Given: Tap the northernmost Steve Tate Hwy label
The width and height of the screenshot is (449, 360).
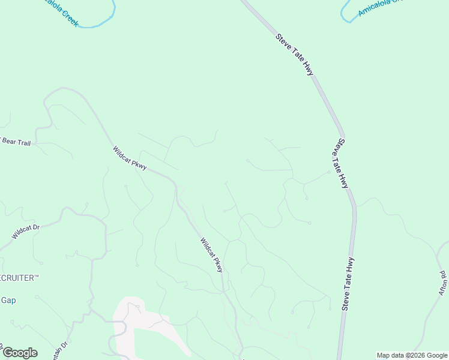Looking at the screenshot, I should [295, 55].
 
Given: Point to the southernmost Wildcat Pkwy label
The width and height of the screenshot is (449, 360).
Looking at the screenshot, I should [211, 255].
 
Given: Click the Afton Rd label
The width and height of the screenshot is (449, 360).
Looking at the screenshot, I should [443, 283].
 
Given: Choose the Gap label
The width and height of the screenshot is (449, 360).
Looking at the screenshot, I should [8, 300].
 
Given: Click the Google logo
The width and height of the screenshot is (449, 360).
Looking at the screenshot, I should [20, 353].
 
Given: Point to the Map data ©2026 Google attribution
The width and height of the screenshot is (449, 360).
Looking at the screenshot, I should [412, 355].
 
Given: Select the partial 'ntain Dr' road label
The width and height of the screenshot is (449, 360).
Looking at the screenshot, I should [62, 348].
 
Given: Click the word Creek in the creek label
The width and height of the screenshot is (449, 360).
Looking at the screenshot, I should [70, 18].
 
